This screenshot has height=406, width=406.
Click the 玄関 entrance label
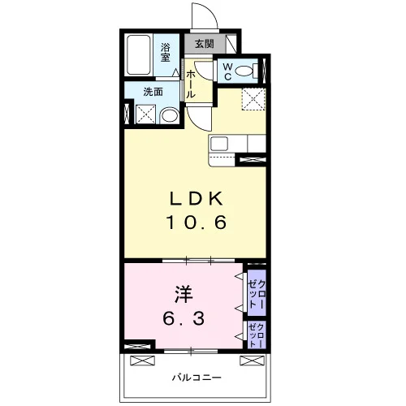205,44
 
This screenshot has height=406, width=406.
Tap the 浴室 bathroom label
166,52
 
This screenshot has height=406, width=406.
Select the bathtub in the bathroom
139,55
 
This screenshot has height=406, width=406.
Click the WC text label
228,71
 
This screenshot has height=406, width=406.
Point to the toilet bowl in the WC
244,71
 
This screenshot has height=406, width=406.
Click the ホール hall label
191,84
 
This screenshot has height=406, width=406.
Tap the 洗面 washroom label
153,92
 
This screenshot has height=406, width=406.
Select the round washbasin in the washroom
170,116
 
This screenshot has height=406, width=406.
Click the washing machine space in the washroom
145,114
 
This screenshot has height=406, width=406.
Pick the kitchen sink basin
219,144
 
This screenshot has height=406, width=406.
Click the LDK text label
196,199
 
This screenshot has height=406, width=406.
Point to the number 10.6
196,222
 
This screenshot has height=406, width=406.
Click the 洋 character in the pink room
184,294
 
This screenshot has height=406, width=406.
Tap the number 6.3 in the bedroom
184,318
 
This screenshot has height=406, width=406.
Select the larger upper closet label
257,295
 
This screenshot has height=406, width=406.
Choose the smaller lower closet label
256,335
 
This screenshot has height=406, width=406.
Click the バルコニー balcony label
197,377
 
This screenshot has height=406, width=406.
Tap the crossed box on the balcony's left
143,361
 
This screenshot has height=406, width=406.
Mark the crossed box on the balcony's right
253,361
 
